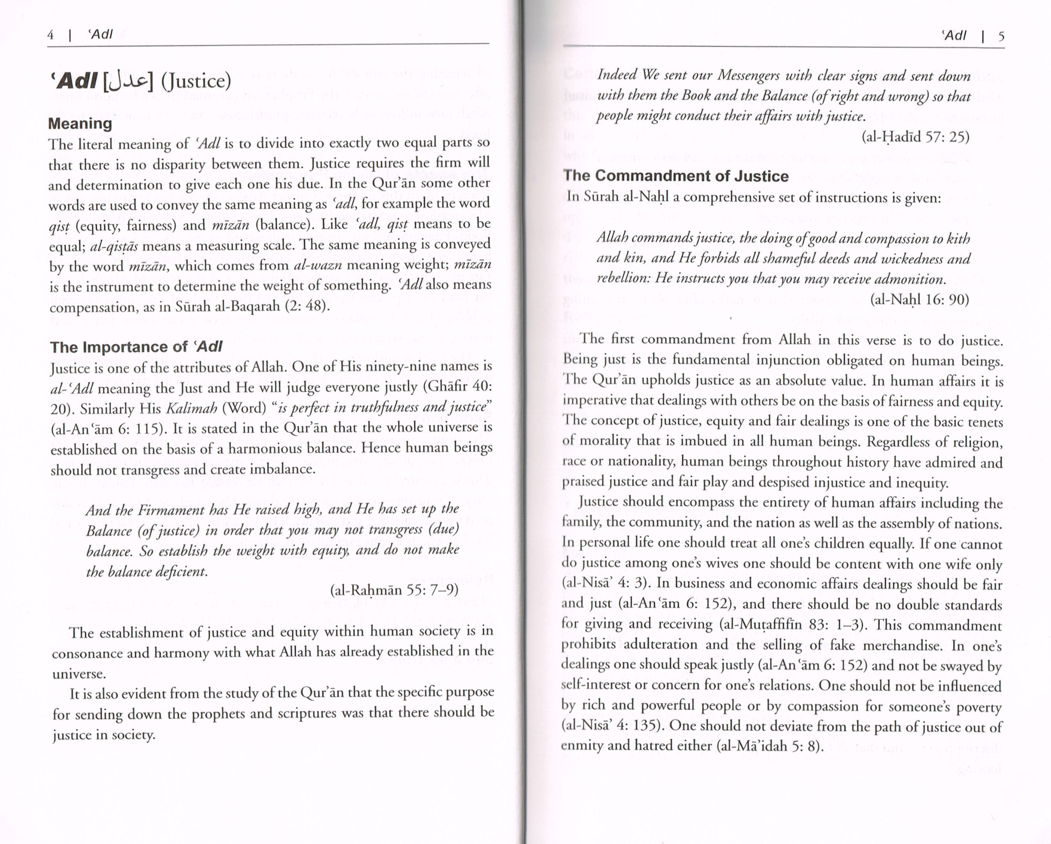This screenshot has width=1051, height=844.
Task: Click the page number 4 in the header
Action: click(50, 35)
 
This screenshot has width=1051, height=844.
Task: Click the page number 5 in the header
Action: click(1001, 37)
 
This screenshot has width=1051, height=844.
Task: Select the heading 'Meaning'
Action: click(80, 123)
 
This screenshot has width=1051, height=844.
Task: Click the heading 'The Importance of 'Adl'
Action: click(136, 347)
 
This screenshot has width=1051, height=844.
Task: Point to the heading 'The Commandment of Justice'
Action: click(676, 176)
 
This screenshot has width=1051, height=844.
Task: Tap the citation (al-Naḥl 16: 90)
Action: click(919, 300)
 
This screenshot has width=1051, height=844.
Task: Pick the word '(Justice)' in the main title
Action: click(196, 81)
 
